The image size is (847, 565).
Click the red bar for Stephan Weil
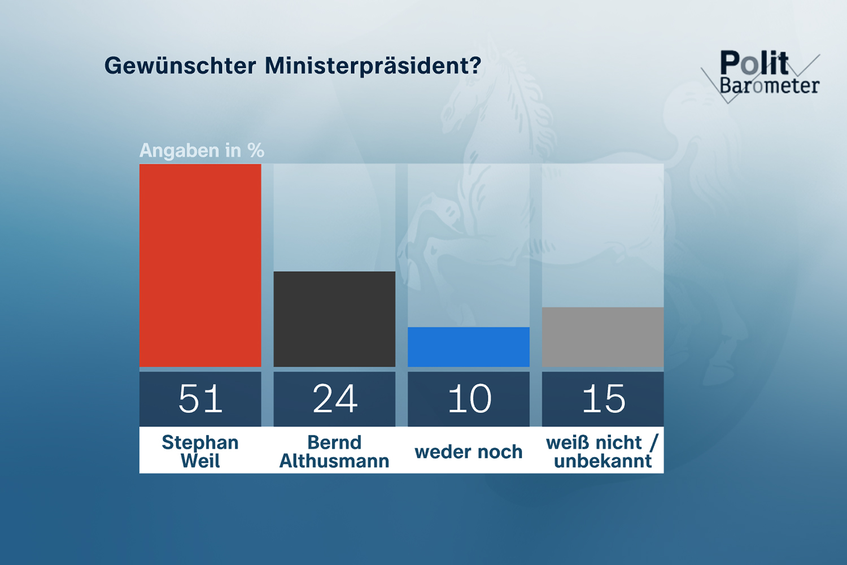(x=200, y=266)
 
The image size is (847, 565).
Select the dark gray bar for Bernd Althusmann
(x=334, y=319)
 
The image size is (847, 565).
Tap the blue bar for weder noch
(x=469, y=347)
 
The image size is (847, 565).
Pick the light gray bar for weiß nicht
(x=602, y=337)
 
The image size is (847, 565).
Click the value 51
(x=200, y=399)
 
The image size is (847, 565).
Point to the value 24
(x=335, y=399)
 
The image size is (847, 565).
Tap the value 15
(x=603, y=399)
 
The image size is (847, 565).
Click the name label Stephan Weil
(x=200, y=451)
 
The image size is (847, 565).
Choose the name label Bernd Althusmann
(x=334, y=451)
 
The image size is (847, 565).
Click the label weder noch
(x=469, y=452)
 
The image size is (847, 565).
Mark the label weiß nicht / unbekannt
(x=602, y=451)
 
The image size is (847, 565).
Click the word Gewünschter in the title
(x=180, y=66)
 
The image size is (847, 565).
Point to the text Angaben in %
(x=202, y=151)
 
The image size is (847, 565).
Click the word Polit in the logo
(x=754, y=63)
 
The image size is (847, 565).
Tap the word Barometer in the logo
(x=769, y=86)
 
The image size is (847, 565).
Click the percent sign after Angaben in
(x=256, y=151)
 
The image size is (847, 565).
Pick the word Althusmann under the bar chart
(x=334, y=461)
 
